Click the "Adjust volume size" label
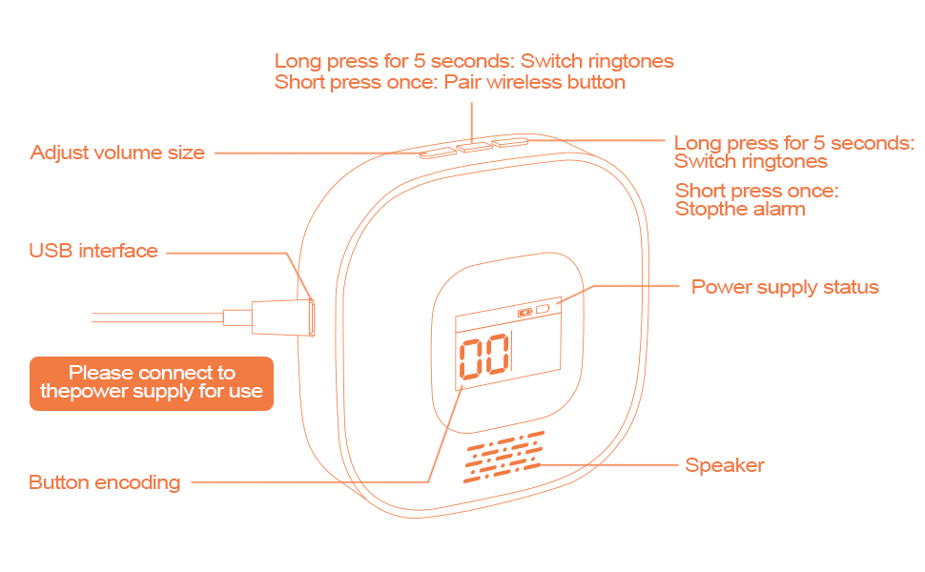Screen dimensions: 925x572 coord(117,153)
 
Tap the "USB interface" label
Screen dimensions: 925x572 coord(93,251)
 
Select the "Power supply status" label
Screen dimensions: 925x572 coord(784,287)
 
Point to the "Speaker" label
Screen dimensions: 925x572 coord(725,465)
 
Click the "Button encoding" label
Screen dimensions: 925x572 coord(104,482)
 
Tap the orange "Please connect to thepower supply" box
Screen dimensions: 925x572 coord(152,382)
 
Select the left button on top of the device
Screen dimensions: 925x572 coord(438,151)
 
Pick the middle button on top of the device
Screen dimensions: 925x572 coord(473,147)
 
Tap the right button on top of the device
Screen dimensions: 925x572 coord(510,143)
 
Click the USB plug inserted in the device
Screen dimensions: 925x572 coord(282,316)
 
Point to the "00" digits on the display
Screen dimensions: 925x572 coord(484,361)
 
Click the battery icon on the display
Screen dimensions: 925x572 coord(524,312)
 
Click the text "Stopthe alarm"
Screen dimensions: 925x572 coord(740,209)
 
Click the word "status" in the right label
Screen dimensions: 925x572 coord(849,287)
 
